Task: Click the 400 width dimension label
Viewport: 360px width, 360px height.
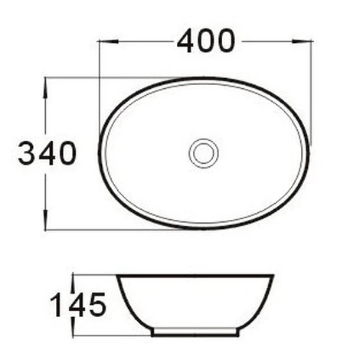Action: (x=206, y=41)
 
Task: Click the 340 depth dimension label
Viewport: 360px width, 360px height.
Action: (x=47, y=153)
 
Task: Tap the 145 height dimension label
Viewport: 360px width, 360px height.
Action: (x=78, y=305)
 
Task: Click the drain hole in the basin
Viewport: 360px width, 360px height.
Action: (x=204, y=153)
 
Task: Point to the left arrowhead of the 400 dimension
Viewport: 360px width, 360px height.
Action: (x=109, y=41)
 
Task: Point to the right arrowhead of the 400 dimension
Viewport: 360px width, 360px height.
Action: (x=303, y=41)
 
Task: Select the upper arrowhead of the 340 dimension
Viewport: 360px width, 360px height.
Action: (x=45, y=88)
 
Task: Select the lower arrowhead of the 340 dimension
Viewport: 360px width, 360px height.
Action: (x=45, y=220)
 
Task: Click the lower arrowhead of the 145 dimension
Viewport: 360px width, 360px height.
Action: (x=73, y=326)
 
